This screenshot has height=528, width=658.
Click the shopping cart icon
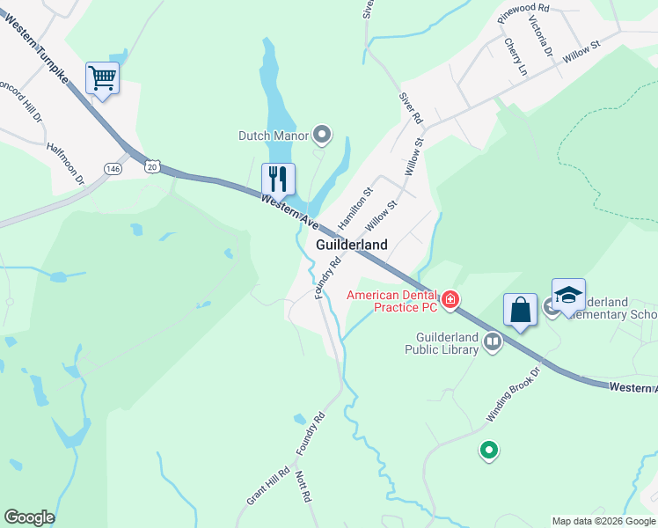click(102, 78)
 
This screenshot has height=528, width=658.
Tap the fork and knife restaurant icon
click(278, 179)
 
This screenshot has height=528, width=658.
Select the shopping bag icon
click(520, 310)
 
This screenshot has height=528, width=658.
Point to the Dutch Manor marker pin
click(322, 135)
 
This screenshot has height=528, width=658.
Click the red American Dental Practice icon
click(450, 300)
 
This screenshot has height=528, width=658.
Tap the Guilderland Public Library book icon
click(492, 341)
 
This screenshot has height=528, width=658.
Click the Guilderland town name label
click(352, 246)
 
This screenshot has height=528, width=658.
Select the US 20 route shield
click(153, 165)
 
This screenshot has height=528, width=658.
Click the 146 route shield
click(113, 168)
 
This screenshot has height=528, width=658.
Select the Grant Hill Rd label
click(266, 485)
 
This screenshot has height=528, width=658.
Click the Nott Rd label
click(303, 486)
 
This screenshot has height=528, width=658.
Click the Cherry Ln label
click(515, 55)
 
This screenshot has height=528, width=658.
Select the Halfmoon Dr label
click(66, 165)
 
